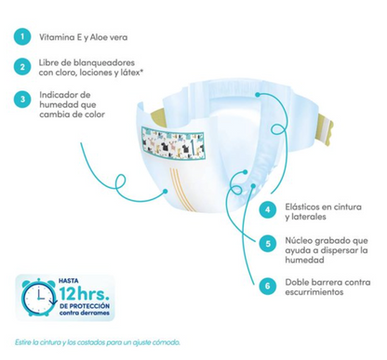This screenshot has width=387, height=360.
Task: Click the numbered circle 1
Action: tap(22, 37)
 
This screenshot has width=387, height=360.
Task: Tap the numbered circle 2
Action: tap(22, 67)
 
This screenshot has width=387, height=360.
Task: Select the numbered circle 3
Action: tap(22, 100)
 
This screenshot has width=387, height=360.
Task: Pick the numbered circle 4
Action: tap(268, 209)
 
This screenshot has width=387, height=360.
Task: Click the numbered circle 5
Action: tap(268, 244)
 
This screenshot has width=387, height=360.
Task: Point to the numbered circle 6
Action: tap(268, 286)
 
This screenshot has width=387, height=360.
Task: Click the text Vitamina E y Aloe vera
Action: tap(83, 37)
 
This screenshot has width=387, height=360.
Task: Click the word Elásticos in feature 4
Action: tap(302, 207)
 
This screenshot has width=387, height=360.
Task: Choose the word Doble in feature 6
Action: tap(296, 282)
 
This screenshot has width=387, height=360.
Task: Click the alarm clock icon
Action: tap(39, 297)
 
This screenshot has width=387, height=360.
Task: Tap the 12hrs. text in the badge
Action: tap(84, 293)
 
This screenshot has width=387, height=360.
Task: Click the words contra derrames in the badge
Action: tap(84, 313)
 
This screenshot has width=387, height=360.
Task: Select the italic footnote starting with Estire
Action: tap(98, 342)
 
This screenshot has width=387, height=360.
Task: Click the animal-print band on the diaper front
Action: tap(172, 142)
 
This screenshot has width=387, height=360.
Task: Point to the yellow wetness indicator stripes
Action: tap(182, 189)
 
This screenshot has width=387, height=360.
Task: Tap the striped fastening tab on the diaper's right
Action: tap(326, 129)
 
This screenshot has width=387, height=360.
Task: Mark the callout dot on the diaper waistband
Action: tap(257, 94)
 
